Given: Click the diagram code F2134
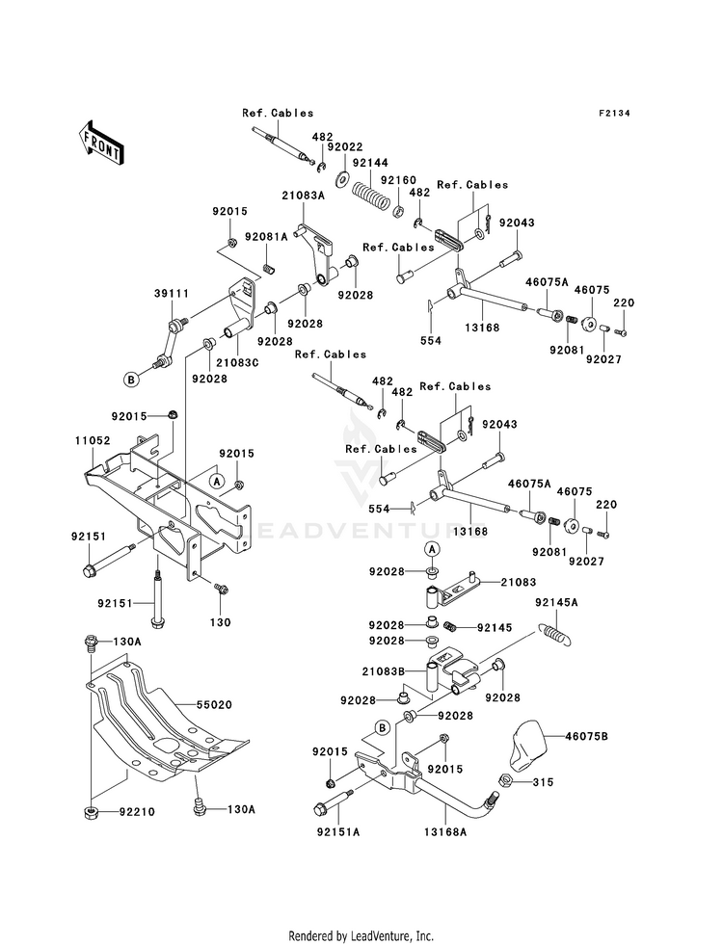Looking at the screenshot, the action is click(614, 114).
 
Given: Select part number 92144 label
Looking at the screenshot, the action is click(370, 164).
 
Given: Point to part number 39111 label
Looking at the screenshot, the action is click(172, 294).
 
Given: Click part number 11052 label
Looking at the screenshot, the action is click(93, 440).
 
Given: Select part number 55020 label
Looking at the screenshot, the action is click(214, 704).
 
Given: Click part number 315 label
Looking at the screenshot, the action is click(544, 782).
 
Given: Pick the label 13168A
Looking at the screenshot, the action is click(445, 832).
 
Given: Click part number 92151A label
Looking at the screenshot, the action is click(337, 832).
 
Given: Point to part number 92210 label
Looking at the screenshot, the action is click(137, 812).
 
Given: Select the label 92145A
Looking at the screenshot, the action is click(556, 603).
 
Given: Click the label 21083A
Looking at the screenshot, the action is click(303, 196).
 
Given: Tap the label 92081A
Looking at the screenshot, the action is click(266, 237).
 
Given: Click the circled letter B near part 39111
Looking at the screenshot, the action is click(131, 380).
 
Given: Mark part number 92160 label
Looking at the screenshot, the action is click(398, 181).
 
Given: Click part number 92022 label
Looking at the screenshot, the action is click(345, 147).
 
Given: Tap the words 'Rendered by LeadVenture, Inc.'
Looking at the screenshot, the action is click(361, 936).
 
